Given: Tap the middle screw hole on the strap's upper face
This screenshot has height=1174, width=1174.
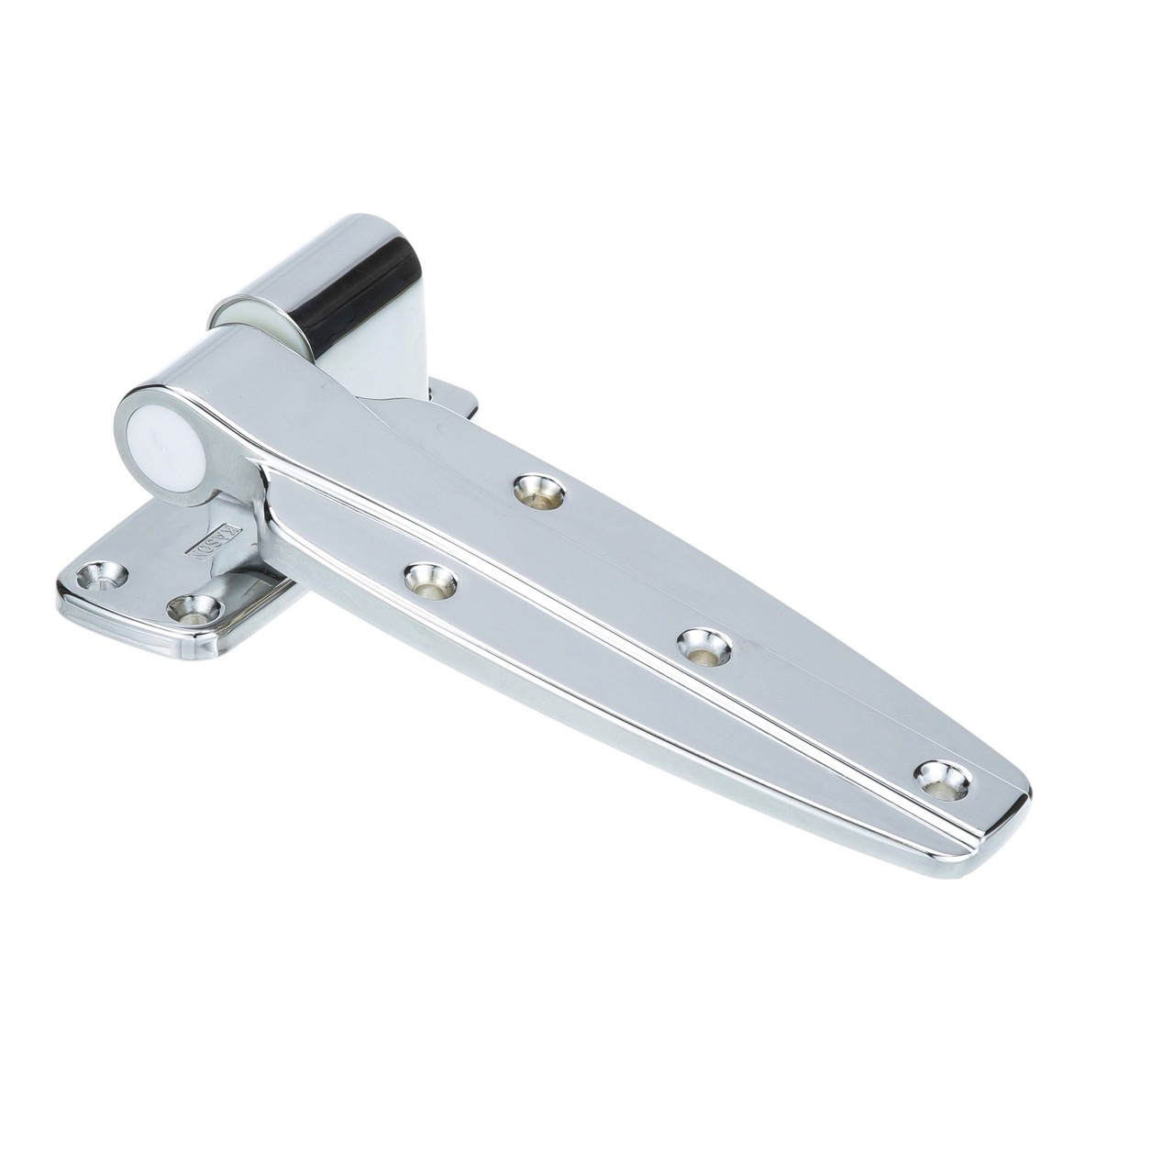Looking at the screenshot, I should tap(703, 646).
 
